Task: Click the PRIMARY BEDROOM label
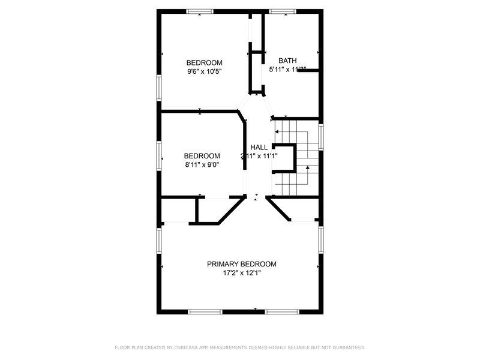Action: [242, 264]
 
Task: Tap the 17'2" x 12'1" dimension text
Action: [242, 273]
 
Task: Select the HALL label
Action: [259, 147]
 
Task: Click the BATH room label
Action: [287, 61]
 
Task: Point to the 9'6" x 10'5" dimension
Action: [204, 71]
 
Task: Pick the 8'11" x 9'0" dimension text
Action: [202, 164]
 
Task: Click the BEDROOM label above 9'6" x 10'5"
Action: [204, 62]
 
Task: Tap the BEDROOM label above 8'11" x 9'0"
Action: [202, 155]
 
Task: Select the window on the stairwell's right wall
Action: [321, 137]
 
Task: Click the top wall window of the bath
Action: [282, 11]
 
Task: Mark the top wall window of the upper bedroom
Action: [200, 11]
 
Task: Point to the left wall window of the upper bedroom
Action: [160, 88]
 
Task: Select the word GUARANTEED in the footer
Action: [345, 347]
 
